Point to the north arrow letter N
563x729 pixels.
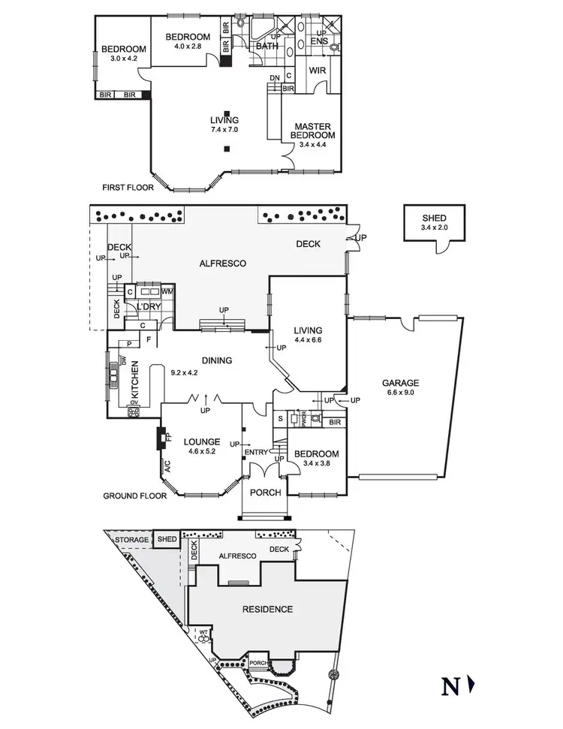click(449, 685)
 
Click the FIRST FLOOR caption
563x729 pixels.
click(128, 188)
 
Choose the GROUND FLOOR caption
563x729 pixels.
click(134, 496)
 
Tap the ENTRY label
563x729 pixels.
click(256, 451)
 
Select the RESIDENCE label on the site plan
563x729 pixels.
click(267, 609)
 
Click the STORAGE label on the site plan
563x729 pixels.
click(130, 538)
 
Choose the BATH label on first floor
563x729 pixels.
click(266, 47)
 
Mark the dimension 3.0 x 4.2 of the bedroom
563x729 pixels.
click(124, 59)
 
